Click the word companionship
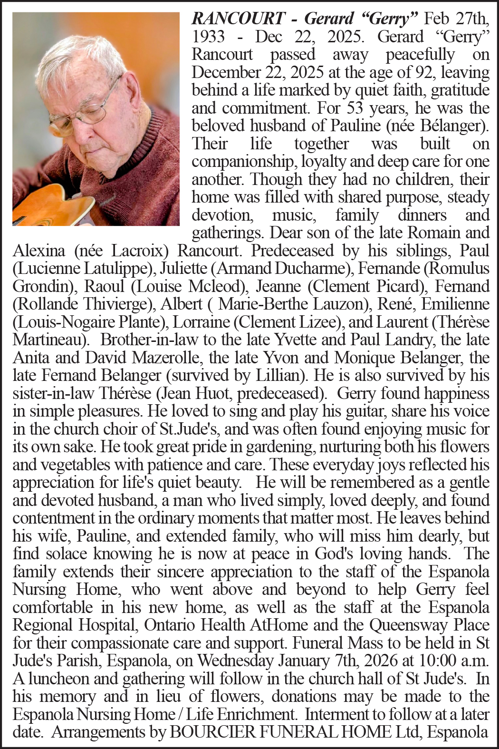(244, 162)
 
